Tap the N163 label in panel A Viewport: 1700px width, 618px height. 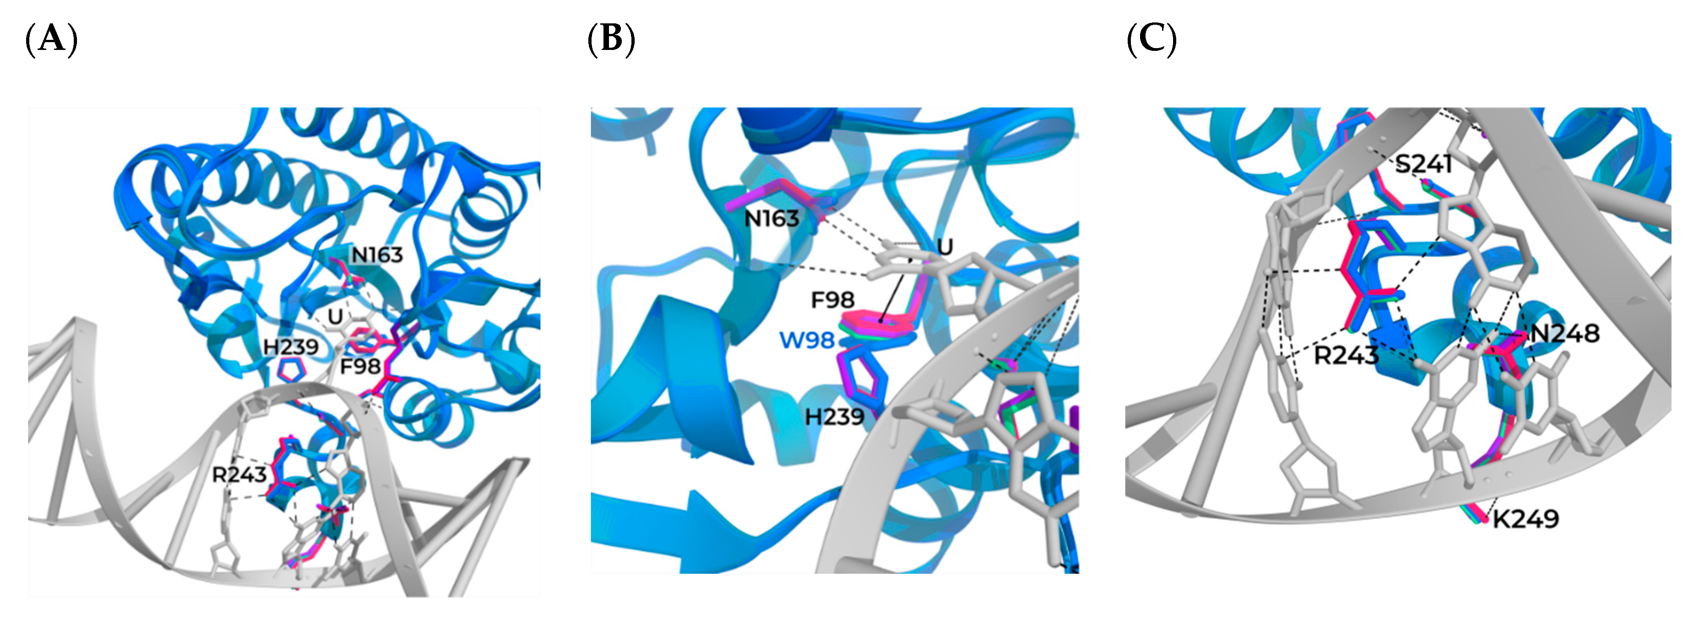click(x=377, y=255)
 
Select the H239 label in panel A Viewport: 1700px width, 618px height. click(x=291, y=347)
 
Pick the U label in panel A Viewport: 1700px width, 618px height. click(x=335, y=317)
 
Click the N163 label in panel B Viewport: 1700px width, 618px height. click(x=772, y=219)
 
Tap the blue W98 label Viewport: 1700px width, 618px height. click(x=807, y=340)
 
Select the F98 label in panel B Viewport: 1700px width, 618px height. click(x=833, y=301)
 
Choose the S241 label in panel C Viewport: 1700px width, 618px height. click(x=1424, y=163)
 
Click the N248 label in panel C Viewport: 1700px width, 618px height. click(x=1564, y=334)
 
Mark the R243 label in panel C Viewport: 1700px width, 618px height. click(x=1346, y=356)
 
